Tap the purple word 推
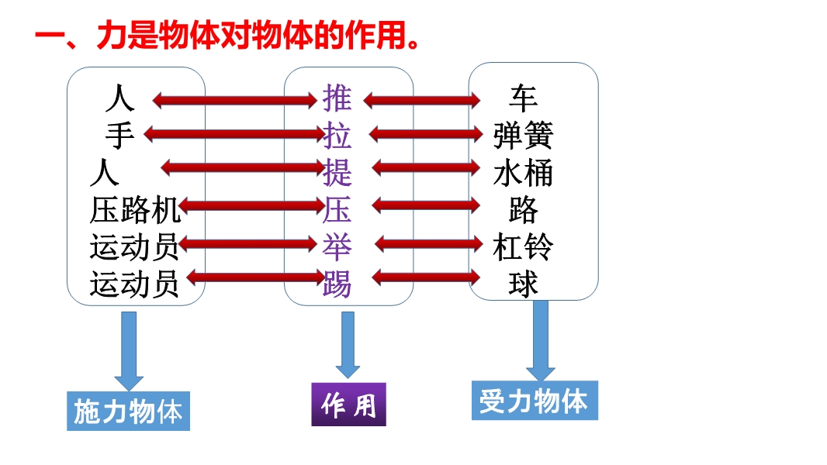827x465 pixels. click(337, 98)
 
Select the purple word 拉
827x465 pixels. click(337, 136)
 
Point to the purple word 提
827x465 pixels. click(337, 172)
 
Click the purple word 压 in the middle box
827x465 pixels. click(337, 209)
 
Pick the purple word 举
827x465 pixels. click(337, 246)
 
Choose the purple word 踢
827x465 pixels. click(337, 284)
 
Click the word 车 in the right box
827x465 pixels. click(523, 98)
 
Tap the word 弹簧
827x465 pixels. click(523, 136)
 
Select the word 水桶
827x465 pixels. click(523, 173)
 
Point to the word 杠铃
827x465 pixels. click(523, 247)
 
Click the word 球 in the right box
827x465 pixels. click(523, 284)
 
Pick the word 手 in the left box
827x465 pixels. click(119, 136)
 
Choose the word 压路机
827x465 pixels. click(135, 210)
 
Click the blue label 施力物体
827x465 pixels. click(128, 412)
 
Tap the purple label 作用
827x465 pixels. click(348, 405)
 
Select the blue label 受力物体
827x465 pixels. click(535, 400)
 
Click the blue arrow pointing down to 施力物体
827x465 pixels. click(129, 351)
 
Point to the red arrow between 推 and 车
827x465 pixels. click(422, 100)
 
